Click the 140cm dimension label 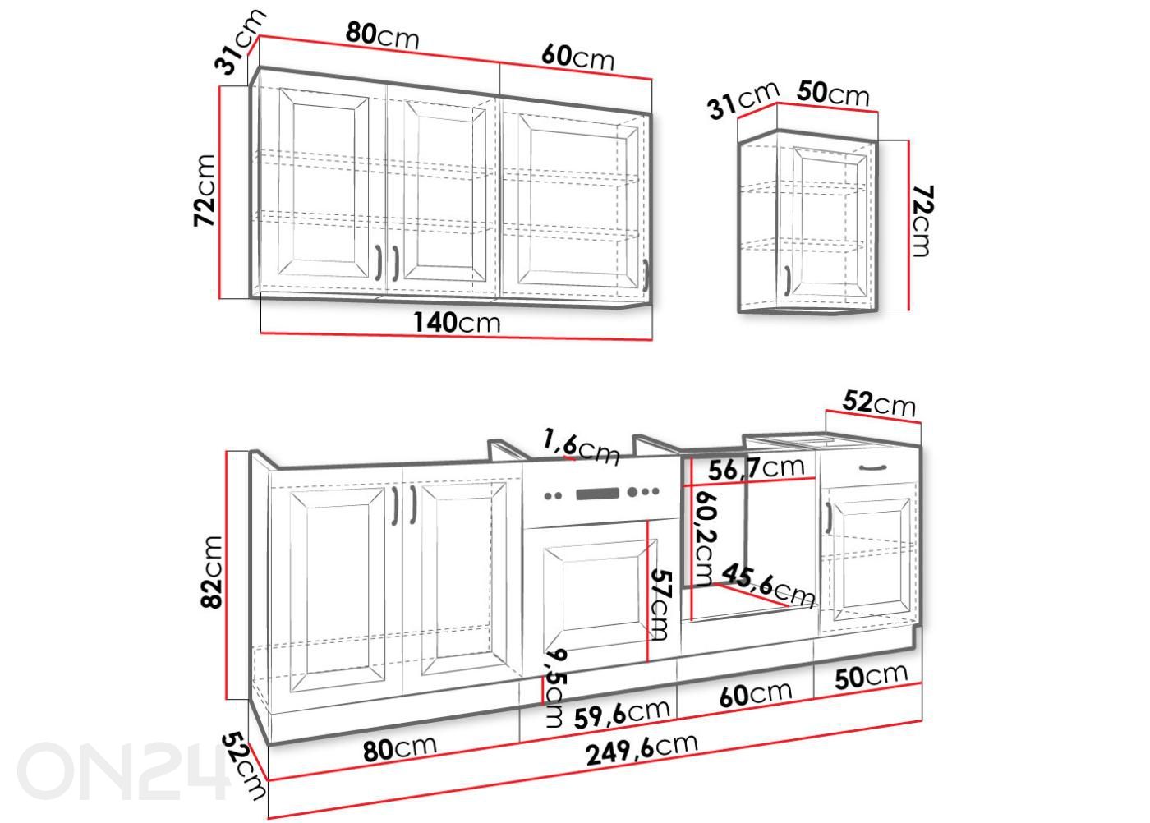[x=457, y=323]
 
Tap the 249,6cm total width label [x=642, y=750]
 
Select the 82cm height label [x=212, y=572]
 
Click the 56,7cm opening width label [x=757, y=468]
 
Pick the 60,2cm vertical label [x=705, y=539]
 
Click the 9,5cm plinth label [x=555, y=688]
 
